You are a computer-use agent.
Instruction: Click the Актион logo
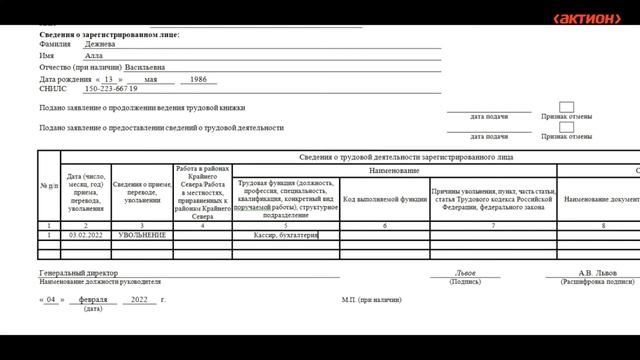tap(587, 19)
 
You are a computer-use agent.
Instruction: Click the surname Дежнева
tap(100, 44)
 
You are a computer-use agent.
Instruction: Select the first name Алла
tap(94, 56)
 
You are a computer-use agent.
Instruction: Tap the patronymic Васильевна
tap(164, 68)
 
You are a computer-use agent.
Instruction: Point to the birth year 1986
tap(198, 79)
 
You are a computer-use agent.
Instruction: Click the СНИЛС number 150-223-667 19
tap(112, 89)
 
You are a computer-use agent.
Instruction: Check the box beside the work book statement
tap(566, 107)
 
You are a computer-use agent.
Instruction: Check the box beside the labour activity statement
tap(566, 128)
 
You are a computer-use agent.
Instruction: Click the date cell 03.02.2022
tap(87, 235)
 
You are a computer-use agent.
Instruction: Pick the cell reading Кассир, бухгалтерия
tap(286, 235)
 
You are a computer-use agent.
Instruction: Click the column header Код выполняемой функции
tap(385, 198)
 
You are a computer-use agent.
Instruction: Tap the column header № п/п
tap(49, 187)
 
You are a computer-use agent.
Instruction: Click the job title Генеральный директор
tap(78, 272)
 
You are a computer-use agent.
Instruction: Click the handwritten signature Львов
tap(465, 272)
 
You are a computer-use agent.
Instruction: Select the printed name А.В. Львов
tap(598, 272)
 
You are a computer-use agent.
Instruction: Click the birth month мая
tap(151, 79)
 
